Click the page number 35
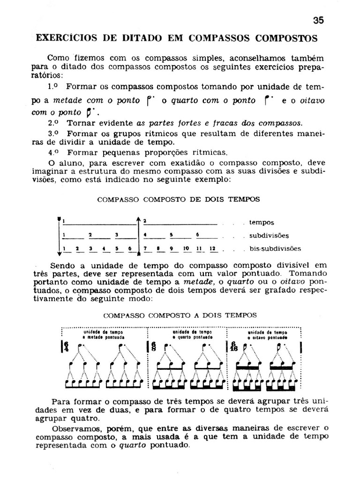pyautogui.click(x=318, y=20)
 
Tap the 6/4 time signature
pyautogui.click(x=66, y=347)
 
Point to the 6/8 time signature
pyautogui.click(x=154, y=347)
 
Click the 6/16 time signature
pyautogui.click(x=234, y=347)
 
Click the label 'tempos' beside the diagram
pyautogui.click(x=262, y=223)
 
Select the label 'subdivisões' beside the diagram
pyautogui.click(x=269, y=236)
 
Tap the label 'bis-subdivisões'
pyautogui.click(x=275, y=248)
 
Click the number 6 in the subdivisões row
pyautogui.click(x=198, y=235)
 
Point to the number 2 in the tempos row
pyautogui.click(x=145, y=221)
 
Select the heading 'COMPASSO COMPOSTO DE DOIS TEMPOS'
pyautogui.click(x=178, y=199)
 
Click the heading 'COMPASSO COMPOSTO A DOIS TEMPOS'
pyautogui.click(x=180, y=315)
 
